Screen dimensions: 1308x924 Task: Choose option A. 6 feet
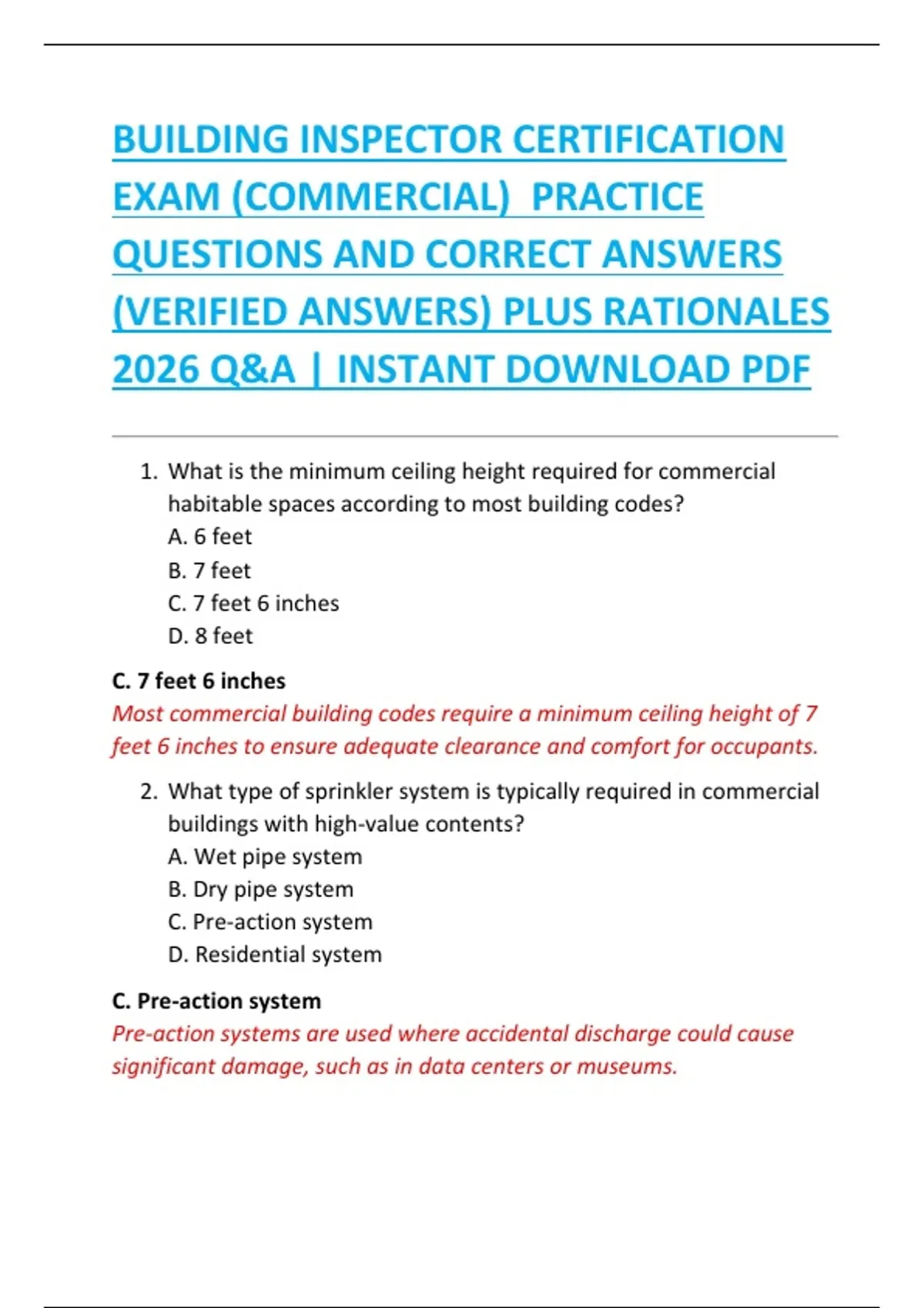(209, 536)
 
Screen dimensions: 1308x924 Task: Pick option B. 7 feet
(209, 570)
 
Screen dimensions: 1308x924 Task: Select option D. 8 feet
(210, 636)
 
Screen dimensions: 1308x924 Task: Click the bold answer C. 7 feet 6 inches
(199, 681)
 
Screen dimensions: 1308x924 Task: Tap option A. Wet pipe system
(265, 856)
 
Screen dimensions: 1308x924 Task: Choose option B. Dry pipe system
(260, 889)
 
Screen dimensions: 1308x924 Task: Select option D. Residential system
(275, 955)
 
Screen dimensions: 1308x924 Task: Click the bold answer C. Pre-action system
(216, 1001)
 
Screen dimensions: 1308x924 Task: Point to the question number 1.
(149, 472)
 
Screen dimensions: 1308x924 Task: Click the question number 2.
(149, 792)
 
